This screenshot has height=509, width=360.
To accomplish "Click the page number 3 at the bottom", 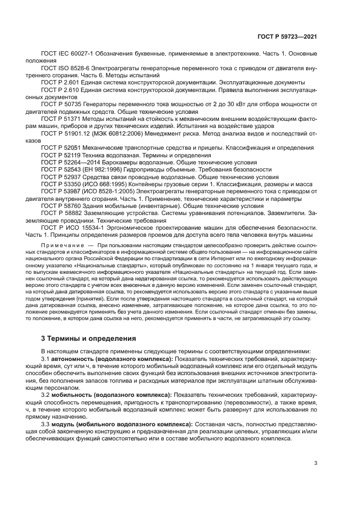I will (316, 464).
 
